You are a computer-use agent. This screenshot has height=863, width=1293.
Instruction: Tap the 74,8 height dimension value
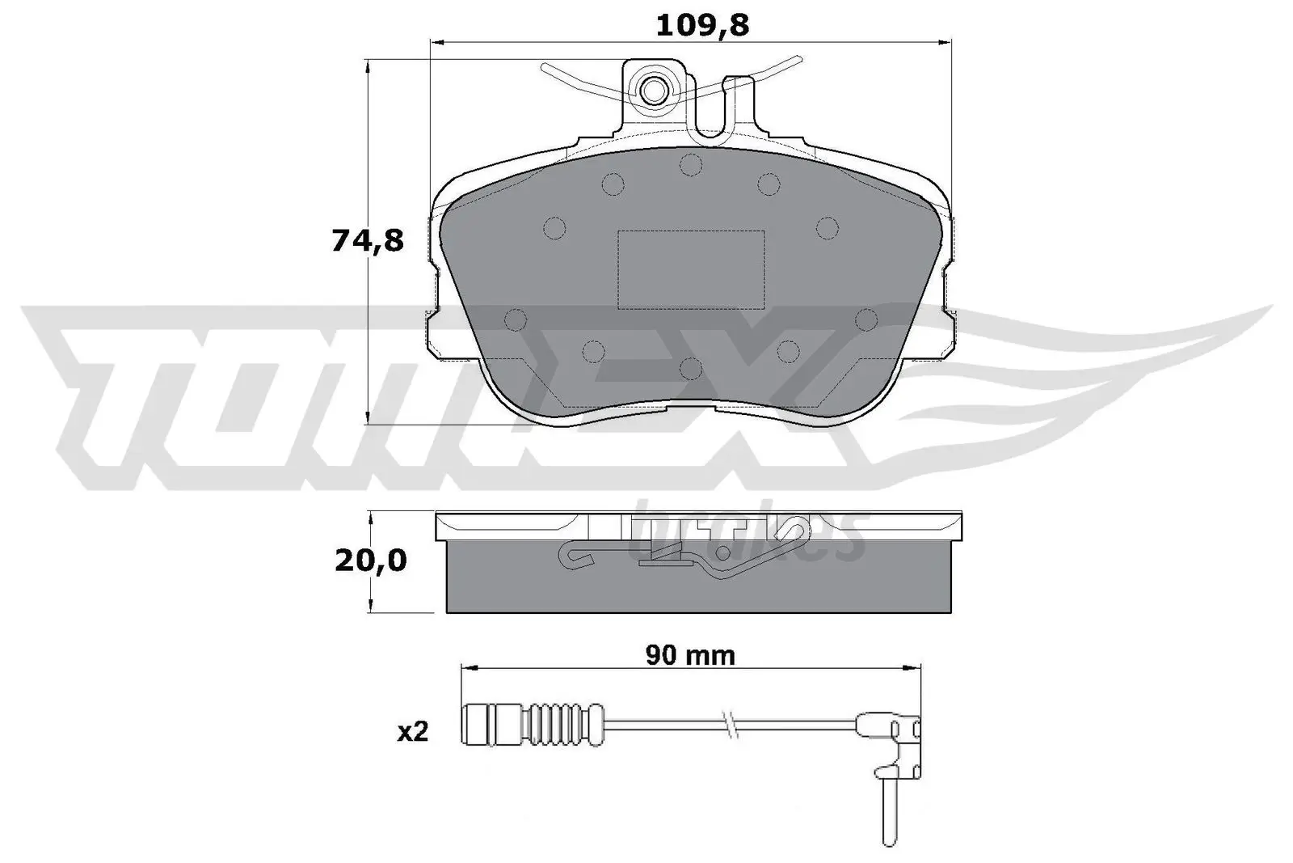(x=367, y=240)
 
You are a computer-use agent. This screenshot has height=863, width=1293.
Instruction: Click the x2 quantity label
(x=413, y=733)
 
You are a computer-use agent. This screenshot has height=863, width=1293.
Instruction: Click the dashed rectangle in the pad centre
(x=691, y=269)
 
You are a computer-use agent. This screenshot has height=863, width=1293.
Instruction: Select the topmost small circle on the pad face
(x=691, y=165)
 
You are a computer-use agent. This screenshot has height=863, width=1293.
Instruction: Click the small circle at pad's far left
(x=515, y=321)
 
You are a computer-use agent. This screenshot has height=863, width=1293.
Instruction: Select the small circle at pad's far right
(x=866, y=319)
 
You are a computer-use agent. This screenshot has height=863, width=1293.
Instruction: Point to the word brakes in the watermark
(x=743, y=534)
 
